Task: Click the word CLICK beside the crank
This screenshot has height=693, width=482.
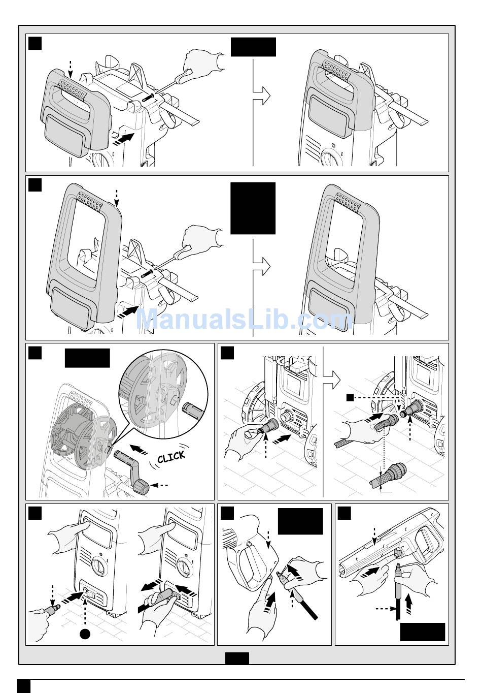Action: pos(171,457)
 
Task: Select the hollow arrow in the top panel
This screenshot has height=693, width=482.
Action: pos(261,96)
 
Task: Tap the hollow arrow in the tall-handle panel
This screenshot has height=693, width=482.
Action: pos(261,266)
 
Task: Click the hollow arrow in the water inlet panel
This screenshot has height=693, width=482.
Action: pos(331,380)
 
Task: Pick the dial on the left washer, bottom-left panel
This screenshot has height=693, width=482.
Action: pos(99,569)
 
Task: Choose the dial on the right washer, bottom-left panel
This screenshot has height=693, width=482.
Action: pos(185,569)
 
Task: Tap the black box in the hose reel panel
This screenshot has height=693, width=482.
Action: pos(87,358)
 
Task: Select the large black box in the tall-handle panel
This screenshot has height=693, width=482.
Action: pos(253,208)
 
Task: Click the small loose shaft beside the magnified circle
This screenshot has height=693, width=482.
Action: pos(192,410)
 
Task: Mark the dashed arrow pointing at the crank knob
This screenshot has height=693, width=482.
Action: pos(161,485)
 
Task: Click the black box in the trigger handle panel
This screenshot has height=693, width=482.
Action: pos(300,521)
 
